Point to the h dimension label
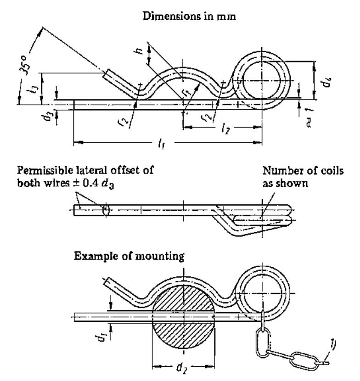(x=139, y=51)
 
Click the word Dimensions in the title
(x=171, y=16)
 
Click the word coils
(x=332, y=171)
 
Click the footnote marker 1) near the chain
(x=332, y=344)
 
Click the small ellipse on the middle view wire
(x=106, y=210)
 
